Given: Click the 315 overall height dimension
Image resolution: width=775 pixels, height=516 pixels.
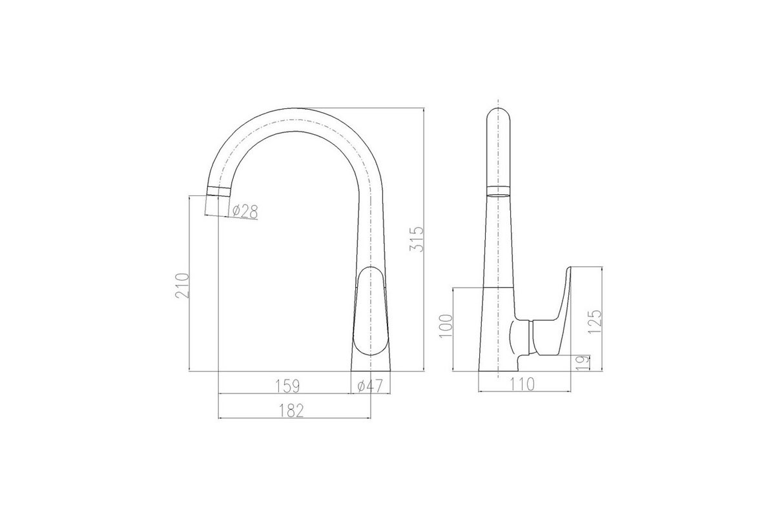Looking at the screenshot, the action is (416, 239).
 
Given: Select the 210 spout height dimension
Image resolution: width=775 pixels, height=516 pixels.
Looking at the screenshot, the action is (182, 286).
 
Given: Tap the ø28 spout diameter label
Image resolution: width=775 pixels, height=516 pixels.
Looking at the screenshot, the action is (245, 212).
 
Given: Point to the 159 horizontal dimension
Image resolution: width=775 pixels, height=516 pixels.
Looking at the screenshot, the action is (287, 386).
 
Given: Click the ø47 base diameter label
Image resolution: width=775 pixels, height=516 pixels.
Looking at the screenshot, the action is (370, 386).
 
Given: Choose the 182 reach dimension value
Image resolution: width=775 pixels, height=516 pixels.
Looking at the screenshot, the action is (291, 411).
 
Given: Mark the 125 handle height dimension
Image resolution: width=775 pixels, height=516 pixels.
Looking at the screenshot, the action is (595, 322).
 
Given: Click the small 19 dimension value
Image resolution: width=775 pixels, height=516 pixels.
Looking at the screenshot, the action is (583, 363).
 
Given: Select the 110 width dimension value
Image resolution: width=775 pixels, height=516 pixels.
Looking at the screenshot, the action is (522, 384).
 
